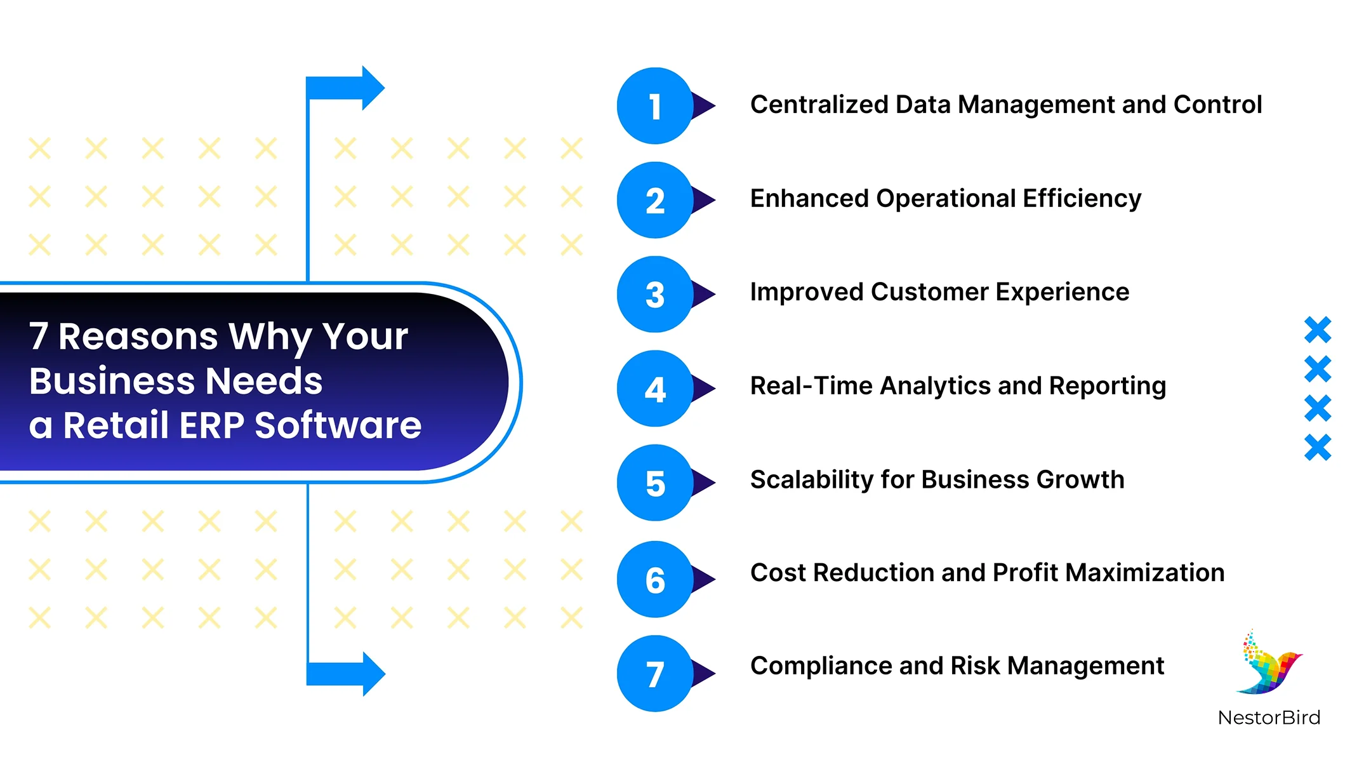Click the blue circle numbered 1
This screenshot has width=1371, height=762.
(x=654, y=106)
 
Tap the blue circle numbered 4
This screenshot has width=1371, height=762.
(x=654, y=389)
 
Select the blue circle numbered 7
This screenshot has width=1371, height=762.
(x=654, y=674)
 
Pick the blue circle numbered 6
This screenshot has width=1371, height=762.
(x=654, y=579)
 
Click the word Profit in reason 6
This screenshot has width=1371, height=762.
(x=1025, y=573)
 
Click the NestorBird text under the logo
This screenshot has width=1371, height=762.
(x=1269, y=718)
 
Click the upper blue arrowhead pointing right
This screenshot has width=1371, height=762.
(x=373, y=88)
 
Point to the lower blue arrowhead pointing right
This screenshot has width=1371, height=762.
(x=373, y=674)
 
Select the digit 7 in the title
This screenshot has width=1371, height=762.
(x=39, y=336)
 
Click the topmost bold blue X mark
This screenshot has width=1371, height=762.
(x=1318, y=330)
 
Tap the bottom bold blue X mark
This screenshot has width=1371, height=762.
(x=1318, y=448)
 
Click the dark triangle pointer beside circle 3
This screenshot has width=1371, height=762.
(x=703, y=294)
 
